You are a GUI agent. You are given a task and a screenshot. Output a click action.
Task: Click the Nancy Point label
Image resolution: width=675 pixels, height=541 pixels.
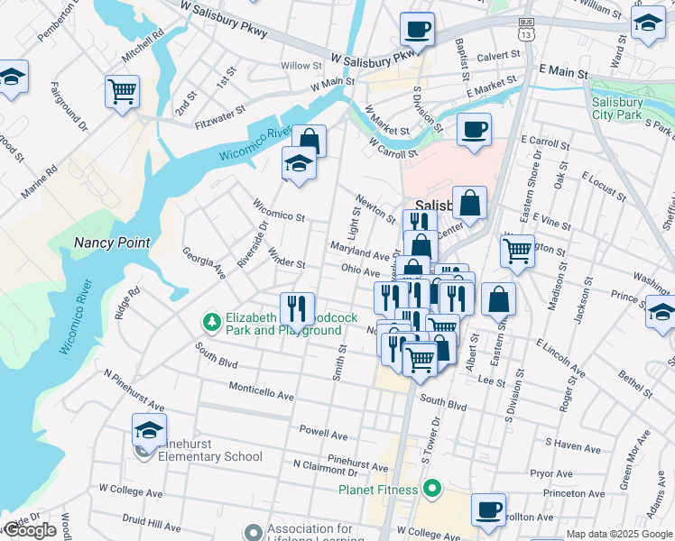(x=112, y=243)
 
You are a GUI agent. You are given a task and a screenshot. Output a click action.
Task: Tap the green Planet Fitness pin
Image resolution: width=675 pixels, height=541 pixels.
(x=432, y=490)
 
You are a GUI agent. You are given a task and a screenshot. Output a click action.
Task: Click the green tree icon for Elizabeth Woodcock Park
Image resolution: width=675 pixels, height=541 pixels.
(x=211, y=321)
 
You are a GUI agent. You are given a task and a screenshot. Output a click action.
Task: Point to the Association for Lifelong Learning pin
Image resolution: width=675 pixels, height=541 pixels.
(x=252, y=533)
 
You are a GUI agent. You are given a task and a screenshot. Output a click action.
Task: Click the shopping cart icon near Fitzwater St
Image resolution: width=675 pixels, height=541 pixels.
(x=122, y=90)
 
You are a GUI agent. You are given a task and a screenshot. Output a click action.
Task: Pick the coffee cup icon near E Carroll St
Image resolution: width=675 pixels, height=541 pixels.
(x=474, y=129)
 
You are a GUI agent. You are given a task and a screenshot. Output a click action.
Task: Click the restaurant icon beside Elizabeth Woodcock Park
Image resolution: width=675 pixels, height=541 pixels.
(x=297, y=308)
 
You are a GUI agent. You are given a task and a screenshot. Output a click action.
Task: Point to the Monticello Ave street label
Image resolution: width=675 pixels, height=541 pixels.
(x=262, y=396)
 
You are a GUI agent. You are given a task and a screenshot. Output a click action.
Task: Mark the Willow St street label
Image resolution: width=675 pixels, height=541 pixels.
(x=301, y=66)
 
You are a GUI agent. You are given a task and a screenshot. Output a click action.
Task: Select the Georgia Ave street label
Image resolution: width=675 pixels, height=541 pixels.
(x=204, y=263)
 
